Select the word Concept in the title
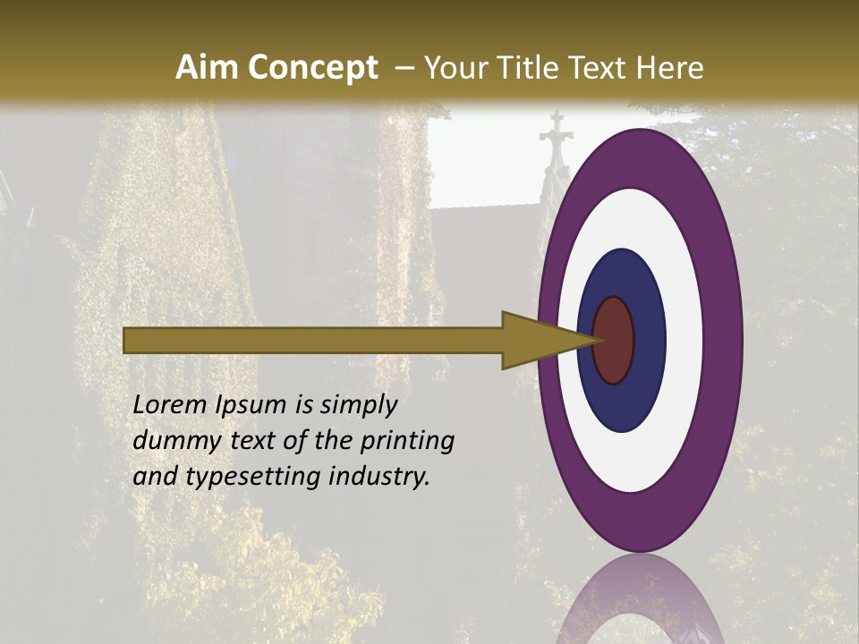(x=313, y=68)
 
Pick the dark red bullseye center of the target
(x=614, y=341)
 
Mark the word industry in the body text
(x=378, y=478)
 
